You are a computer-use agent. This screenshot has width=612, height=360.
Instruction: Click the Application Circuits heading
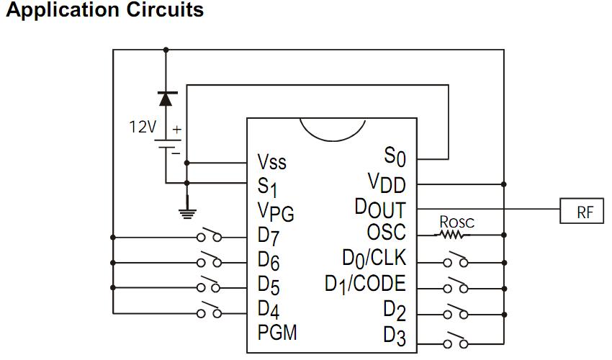click(104, 12)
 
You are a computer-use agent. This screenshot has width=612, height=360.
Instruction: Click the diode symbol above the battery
click(167, 98)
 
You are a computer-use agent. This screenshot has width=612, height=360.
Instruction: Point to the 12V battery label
click(142, 127)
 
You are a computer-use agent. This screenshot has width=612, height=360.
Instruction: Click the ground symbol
click(187, 211)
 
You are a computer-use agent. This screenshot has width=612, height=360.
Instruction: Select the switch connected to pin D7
click(211, 236)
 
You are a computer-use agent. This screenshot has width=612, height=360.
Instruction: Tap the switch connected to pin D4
click(211, 312)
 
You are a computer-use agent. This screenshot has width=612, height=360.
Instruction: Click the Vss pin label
click(271, 161)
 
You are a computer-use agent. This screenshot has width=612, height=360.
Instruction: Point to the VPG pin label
click(275, 212)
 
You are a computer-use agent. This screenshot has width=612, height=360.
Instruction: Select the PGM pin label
click(276, 333)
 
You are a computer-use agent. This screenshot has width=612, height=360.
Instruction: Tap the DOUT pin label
click(380, 208)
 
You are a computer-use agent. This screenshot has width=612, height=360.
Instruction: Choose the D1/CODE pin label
click(365, 284)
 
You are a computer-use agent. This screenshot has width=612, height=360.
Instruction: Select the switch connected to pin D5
click(211, 287)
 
